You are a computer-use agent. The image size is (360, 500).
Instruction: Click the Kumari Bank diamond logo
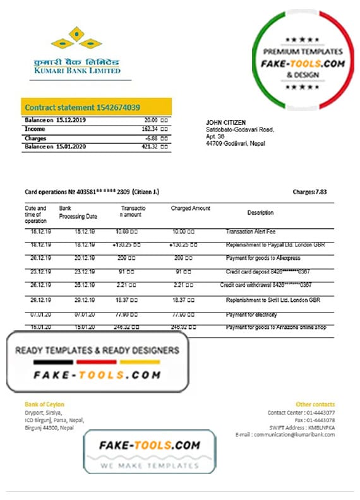(x=76, y=39)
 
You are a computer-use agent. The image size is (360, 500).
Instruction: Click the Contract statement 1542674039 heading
(x=82, y=107)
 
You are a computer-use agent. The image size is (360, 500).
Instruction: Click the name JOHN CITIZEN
(x=225, y=122)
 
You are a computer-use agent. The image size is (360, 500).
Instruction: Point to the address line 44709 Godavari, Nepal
(x=236, y=143)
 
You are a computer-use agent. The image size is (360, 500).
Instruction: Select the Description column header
(x=260, y=213)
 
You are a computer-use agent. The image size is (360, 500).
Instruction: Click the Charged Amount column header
(x=190, y=208)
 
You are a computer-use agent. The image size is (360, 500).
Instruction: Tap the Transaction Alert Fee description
(x=250, y=232)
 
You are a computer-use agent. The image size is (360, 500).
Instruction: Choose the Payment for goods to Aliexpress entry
(x=263, y=258)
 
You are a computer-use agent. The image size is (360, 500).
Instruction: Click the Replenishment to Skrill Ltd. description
(x=272, y=300)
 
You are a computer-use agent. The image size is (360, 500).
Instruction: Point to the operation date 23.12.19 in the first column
(x=36, y=272)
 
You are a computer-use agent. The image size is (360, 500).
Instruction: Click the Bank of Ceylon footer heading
(x=44, y=404)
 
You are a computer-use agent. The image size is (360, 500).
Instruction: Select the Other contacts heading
(x=315, y=404)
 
